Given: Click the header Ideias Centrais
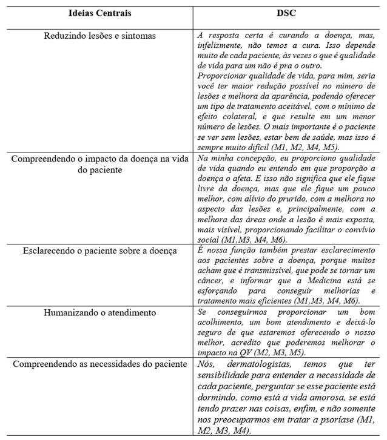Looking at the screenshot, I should (x=100, y=13).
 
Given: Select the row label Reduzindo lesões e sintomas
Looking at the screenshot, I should (x=100, y=36).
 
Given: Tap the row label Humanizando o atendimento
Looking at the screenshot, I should (x=100, y=312).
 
